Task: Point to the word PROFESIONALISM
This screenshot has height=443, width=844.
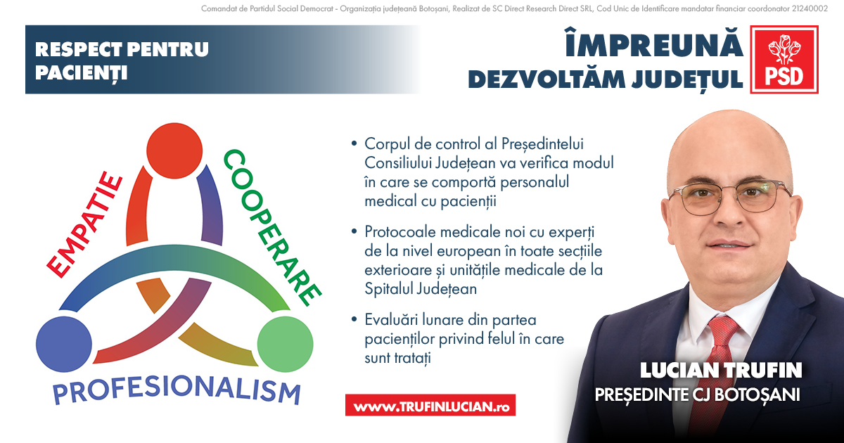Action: [176, 390]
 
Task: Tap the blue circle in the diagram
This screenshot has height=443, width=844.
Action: [63, 344]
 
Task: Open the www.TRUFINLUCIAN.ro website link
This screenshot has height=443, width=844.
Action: [430, 406]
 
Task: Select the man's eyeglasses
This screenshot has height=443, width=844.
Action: [731, 195]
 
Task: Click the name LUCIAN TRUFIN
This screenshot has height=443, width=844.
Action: [721, 370]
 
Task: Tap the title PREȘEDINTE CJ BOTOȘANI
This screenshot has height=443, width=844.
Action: [698, 394]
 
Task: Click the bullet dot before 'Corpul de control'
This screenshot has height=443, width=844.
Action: [354, 144]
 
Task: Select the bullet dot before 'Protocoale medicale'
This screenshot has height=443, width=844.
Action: [354, 231]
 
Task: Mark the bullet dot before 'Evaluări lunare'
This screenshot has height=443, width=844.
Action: [354, 320]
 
